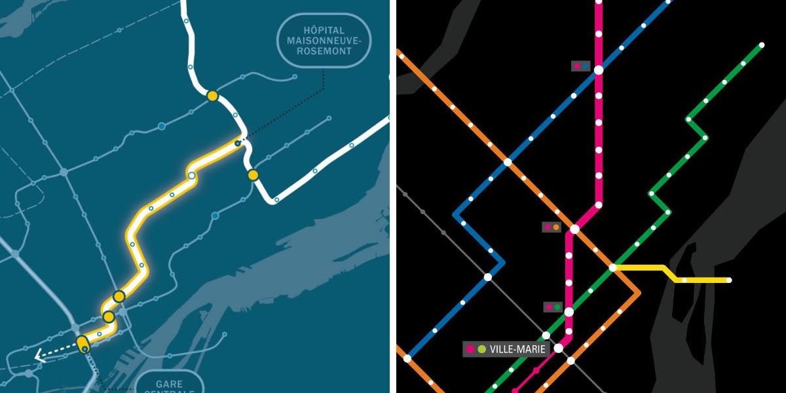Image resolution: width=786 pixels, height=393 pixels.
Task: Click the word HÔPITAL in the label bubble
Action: [324, 30]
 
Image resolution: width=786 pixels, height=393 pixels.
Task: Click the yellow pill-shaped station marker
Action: [83, 343]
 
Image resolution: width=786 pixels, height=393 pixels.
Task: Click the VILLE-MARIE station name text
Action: [517, 349]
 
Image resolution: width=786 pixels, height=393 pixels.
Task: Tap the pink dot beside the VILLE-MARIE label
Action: [470, 349]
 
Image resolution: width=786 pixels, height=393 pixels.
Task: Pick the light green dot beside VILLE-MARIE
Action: [482, 349]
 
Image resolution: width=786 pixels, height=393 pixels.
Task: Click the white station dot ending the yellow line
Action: [729, 280]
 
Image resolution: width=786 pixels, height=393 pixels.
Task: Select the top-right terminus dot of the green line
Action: [762, 45]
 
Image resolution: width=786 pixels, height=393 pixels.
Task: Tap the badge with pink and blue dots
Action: [580, 65]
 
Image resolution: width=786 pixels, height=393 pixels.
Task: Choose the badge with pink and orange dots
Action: [552, 227]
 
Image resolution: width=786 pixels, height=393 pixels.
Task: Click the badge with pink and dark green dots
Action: [553, 307]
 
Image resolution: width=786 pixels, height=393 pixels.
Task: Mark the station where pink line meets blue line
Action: [599, 69]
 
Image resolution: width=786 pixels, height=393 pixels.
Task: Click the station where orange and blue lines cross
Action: [508, 161]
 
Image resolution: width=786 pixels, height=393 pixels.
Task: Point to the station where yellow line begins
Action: [613, 267]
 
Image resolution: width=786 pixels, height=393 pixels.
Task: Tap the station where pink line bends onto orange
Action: [574, 229]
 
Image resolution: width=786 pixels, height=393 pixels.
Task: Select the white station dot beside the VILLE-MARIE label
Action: [558, 348]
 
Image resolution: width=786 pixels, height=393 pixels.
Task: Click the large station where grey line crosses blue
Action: [487, 277]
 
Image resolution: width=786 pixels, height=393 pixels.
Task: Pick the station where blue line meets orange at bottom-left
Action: [407, 358]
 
